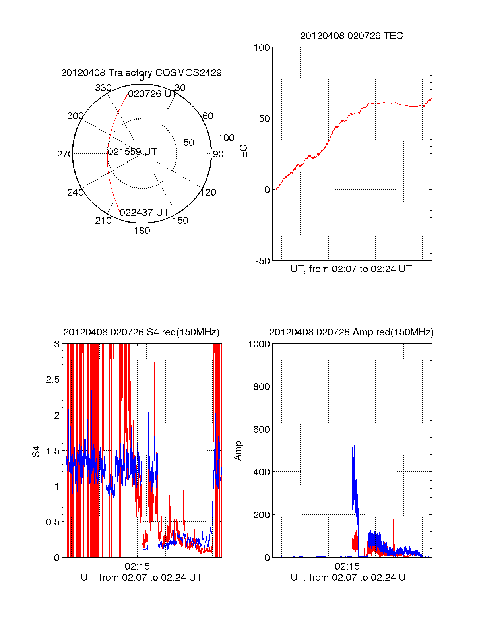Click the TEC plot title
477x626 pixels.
click(x=351, y=36)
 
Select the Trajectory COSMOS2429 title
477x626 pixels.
click(x=141, y=73)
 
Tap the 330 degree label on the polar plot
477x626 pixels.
click(x=103, y=88)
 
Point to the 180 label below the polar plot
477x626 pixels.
click(x=142, y=231)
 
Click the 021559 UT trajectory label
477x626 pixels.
click(x=132, y=151)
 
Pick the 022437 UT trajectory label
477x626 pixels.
click(x=144, y=213)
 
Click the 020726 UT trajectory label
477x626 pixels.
click(x=152, y=94)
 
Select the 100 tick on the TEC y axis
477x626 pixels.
click(x=262, y=48)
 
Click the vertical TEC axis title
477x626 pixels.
click(x=243, y=154)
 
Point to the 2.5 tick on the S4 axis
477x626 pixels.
click(x=52, y=380)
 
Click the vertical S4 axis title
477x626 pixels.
click(x=36, y=451)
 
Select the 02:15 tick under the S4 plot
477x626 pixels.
click(x=137, y=566)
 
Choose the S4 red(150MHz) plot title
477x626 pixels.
click(x=141, y=332)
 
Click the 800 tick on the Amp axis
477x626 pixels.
click(x=262, y=386)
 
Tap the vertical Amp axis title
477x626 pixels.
click(x=238, y=451)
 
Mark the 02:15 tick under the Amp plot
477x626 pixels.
click(x=347, y=566)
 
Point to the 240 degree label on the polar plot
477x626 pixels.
click(x=76, y=192)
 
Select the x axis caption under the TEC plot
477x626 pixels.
click(x=351, y=269)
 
